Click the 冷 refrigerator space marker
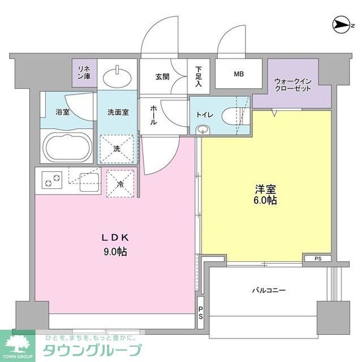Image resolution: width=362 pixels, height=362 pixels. (x=121, y=183)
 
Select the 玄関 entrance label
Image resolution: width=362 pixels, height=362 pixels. (x=162, y=77)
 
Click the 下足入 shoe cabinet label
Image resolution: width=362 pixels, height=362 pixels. (x=198, y=77)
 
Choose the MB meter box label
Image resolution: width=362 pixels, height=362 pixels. (x=239, y=75)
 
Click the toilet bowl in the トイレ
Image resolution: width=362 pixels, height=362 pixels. (x=229, y=116)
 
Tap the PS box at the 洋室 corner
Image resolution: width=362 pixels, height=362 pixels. (x=317, y=259)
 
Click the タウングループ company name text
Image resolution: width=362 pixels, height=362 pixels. (x=91, y=350)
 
